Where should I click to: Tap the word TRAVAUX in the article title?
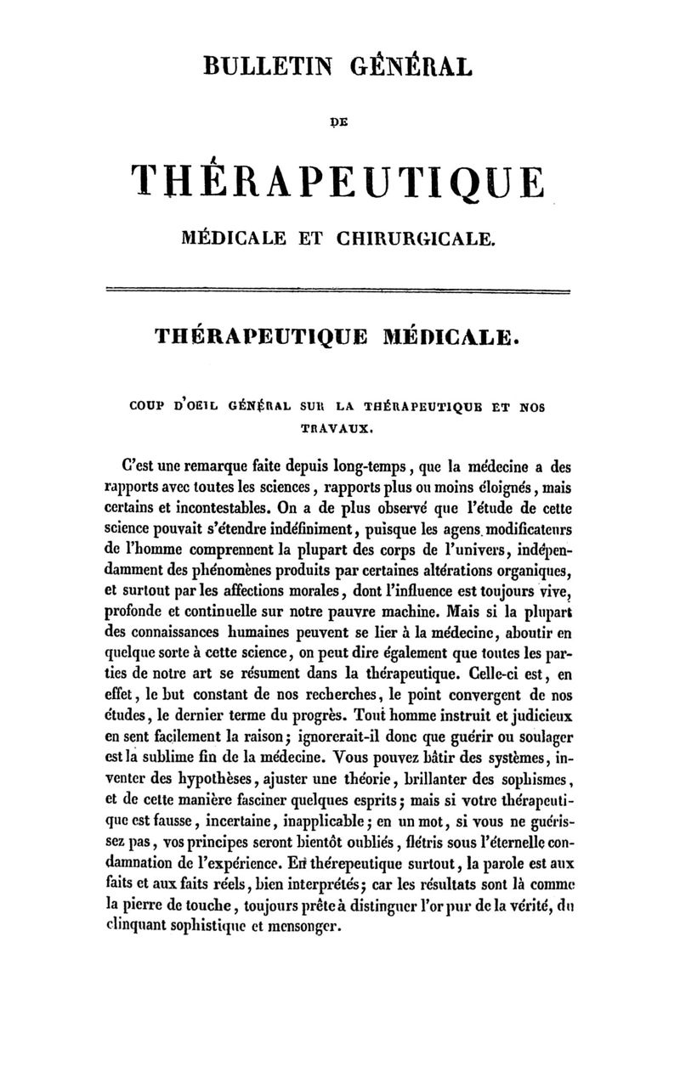[338, 430]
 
